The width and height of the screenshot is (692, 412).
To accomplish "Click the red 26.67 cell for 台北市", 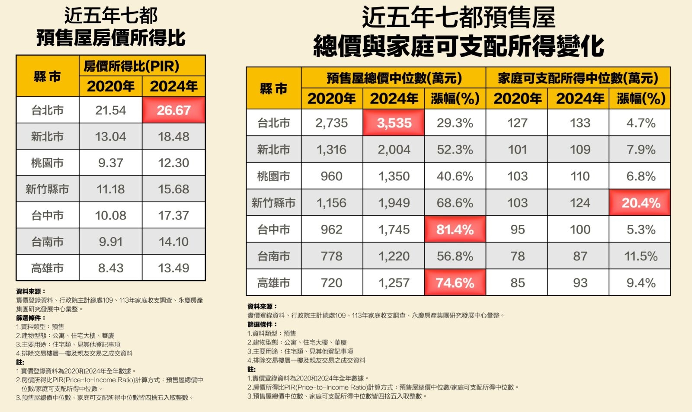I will [173, 110].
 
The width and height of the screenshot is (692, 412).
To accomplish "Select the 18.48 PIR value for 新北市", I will [173, 137].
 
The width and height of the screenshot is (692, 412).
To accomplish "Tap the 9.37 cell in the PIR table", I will [111, 163].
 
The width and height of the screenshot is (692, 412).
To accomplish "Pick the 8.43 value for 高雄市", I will [111, 268].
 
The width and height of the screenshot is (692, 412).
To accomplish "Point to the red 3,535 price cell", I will [394, 123].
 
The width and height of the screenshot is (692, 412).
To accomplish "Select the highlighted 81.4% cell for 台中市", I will [455, 230].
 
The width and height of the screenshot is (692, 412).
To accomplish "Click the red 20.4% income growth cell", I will [641, 203].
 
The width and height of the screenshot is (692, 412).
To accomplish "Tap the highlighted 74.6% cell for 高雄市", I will [455, 283].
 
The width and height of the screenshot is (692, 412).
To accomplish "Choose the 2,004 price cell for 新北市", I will [394, 150].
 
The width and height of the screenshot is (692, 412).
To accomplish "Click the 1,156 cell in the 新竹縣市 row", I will [331, 203].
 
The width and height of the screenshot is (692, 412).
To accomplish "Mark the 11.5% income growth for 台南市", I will [641, 256].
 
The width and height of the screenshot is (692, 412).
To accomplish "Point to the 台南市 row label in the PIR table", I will [48, 242].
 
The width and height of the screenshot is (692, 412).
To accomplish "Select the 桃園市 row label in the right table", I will [274, 176].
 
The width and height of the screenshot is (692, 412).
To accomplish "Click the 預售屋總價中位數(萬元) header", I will [394, 78].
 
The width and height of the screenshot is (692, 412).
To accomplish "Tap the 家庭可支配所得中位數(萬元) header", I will [578, 78].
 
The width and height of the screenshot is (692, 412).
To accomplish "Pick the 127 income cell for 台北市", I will [517, 123].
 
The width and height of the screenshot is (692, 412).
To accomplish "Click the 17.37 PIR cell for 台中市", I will [173, 215].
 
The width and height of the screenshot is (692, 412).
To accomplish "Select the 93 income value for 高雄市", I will [580, 283].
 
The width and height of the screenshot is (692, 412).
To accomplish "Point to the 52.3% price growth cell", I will [455, 150].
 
